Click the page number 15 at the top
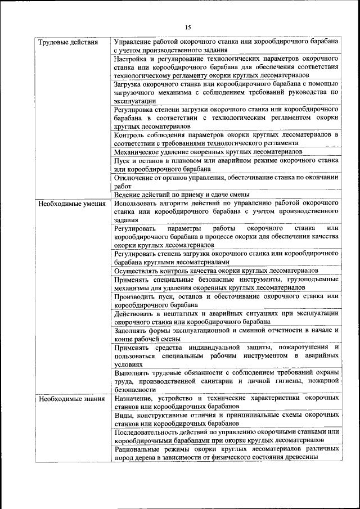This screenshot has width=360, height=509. point(188,27)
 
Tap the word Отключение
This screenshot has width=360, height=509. point(134,177)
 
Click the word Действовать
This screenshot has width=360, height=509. point(134,313)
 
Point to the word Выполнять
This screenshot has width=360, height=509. point(132,372)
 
